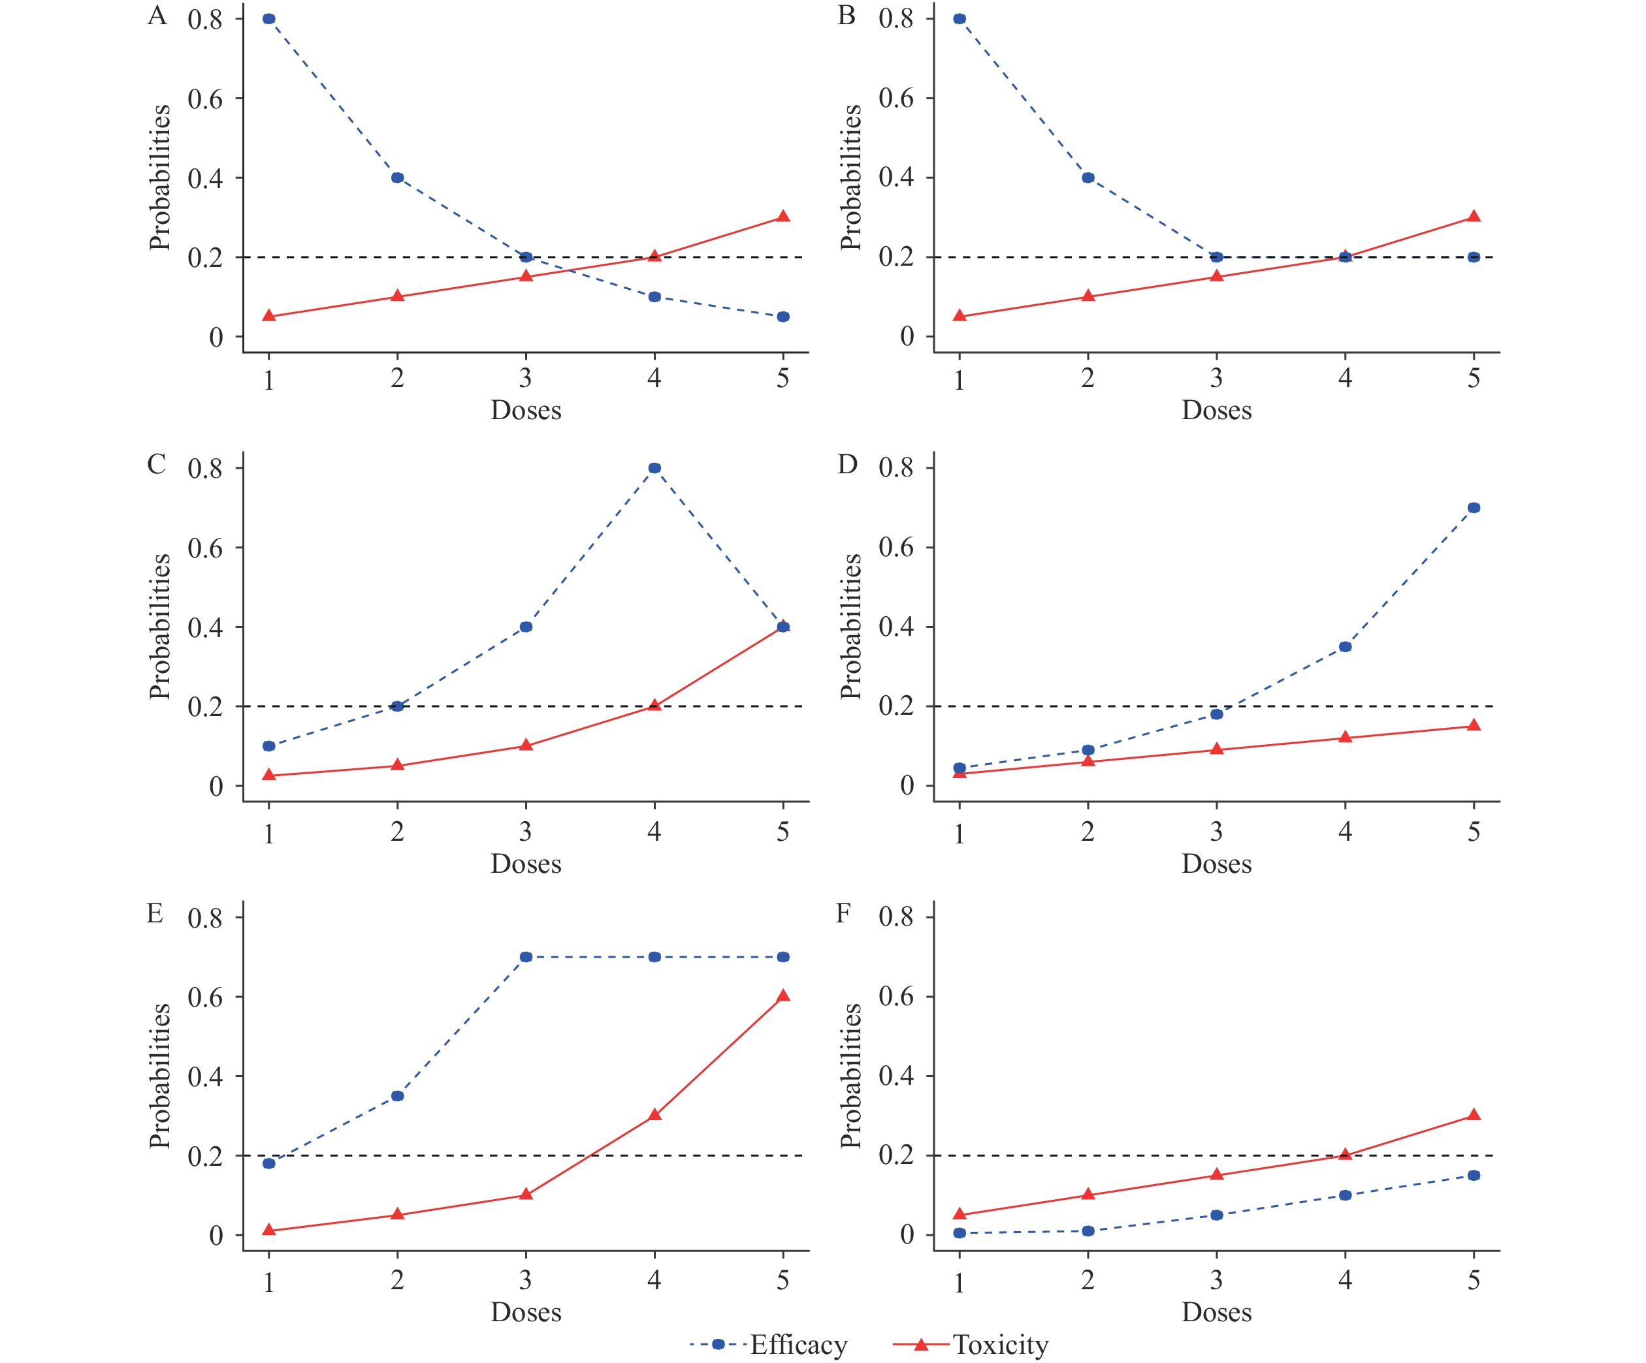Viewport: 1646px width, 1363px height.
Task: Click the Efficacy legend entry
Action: click(x=798, y=1344)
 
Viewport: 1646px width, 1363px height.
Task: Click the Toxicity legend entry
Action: click(x=999, y=1344)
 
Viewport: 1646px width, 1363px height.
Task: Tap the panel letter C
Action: click(x=156, y=463)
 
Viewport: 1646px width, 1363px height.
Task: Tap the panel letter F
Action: click(x=843, y=913)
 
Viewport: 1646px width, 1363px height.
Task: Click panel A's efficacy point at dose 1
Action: click(x=269, y=19)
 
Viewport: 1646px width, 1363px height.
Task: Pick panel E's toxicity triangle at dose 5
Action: click(x=783, y=995)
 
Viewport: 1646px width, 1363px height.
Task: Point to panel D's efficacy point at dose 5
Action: click(x=1474, y=508)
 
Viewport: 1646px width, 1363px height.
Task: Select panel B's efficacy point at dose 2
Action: click(x=1088, y=178)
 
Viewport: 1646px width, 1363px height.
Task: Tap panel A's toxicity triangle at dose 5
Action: click(x=783, y=216)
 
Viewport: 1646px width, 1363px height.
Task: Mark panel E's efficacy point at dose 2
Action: click(x=397, y=1096)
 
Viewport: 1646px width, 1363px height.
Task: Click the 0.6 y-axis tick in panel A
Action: click(x=205, y=99)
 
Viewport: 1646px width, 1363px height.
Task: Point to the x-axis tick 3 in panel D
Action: click(x=1216, y=832)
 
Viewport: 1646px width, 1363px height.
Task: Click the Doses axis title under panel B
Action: click(x=1216, y=411)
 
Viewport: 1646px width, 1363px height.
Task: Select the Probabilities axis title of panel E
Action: click(x=160, y=1076)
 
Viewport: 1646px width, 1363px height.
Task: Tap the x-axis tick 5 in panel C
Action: click(x=783, y=832)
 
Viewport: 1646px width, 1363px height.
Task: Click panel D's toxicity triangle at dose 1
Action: click(x=960, y=774)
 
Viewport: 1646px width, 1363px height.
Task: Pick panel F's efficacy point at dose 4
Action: click(x=1345, y=1195)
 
